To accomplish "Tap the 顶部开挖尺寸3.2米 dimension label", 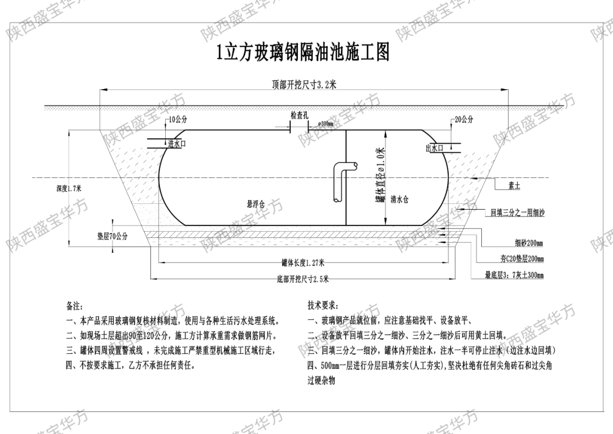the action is tap(304, 85).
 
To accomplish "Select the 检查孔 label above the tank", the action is tap(299, 115).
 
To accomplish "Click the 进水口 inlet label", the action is tap(177, 144).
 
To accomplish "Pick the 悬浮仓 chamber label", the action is tap(255, 203).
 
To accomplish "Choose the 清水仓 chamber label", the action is tap(400, 199).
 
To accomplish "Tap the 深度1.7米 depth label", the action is tap(69, 189).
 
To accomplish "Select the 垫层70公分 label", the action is tap(112, 236).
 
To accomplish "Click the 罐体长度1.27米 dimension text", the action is tap(303, 262).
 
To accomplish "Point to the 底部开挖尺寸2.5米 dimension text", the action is tap(303, 278).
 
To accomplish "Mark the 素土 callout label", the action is tap(514, 186).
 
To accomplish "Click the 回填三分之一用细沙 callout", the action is tap(517, 213).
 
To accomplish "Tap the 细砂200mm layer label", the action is tap(529, 244).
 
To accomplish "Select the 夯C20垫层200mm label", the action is tap(522, 259).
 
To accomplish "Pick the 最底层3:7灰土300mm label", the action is tap(514, 276).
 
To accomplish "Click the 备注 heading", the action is tap(74, 306).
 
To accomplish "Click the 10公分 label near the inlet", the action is tap(178, 120).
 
